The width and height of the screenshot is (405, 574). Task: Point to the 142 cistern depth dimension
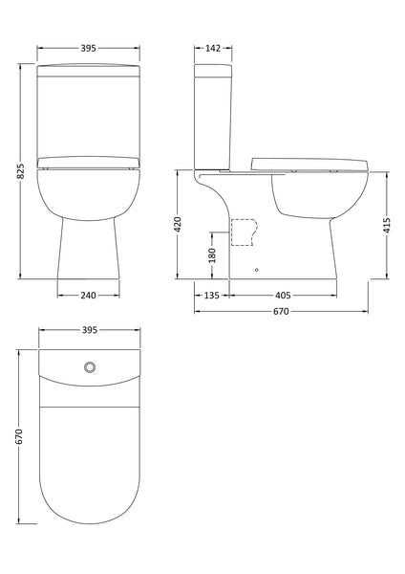(213, 46)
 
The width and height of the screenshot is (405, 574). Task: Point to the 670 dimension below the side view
(281, 312)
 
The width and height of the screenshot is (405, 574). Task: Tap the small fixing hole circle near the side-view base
(256, 270)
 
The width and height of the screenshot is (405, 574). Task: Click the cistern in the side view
(212, 115)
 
